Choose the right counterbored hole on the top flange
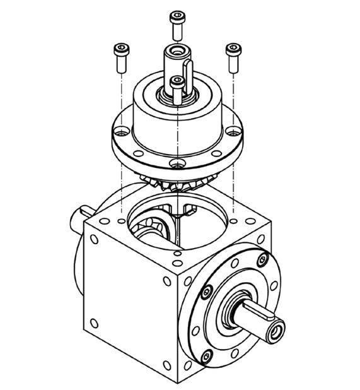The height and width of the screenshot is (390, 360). pos(235,132)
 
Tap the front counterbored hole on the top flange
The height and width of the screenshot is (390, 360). pos(178,165)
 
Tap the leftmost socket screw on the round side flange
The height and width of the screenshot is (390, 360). pos(206,292)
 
